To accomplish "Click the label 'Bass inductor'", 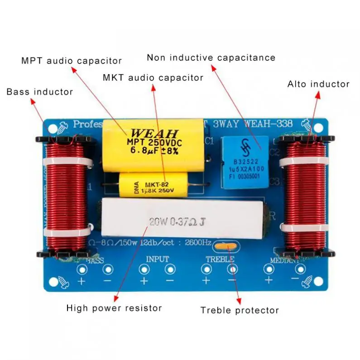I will pos(39,92).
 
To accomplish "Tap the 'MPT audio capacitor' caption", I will pos(72,61).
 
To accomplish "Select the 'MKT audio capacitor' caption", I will pos(153,78).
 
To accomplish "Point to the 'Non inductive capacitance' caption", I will pos(211,58).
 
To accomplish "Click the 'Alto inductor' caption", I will pos(318,84).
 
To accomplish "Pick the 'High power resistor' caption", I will pos(114,308).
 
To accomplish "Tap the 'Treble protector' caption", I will pos(240,310).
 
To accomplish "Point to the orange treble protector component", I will pos(226,246).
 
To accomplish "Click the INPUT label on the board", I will pos(157,259).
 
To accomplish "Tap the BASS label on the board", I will pos(95,260).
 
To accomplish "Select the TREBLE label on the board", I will pos(220,259).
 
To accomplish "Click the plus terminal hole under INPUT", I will pos(144,270).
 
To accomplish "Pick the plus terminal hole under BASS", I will pos(82,270).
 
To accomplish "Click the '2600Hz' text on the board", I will pos(198,243).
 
